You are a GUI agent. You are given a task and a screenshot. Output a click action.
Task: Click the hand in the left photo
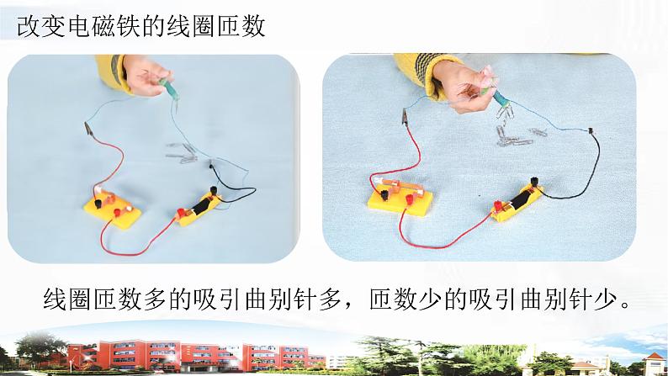click(146, 76)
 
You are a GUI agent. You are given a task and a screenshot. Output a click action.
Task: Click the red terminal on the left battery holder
click(181, 212)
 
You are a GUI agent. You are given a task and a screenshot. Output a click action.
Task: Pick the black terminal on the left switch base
click(98, 203)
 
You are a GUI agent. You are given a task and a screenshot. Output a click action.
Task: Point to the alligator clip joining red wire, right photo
click(404, 116)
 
